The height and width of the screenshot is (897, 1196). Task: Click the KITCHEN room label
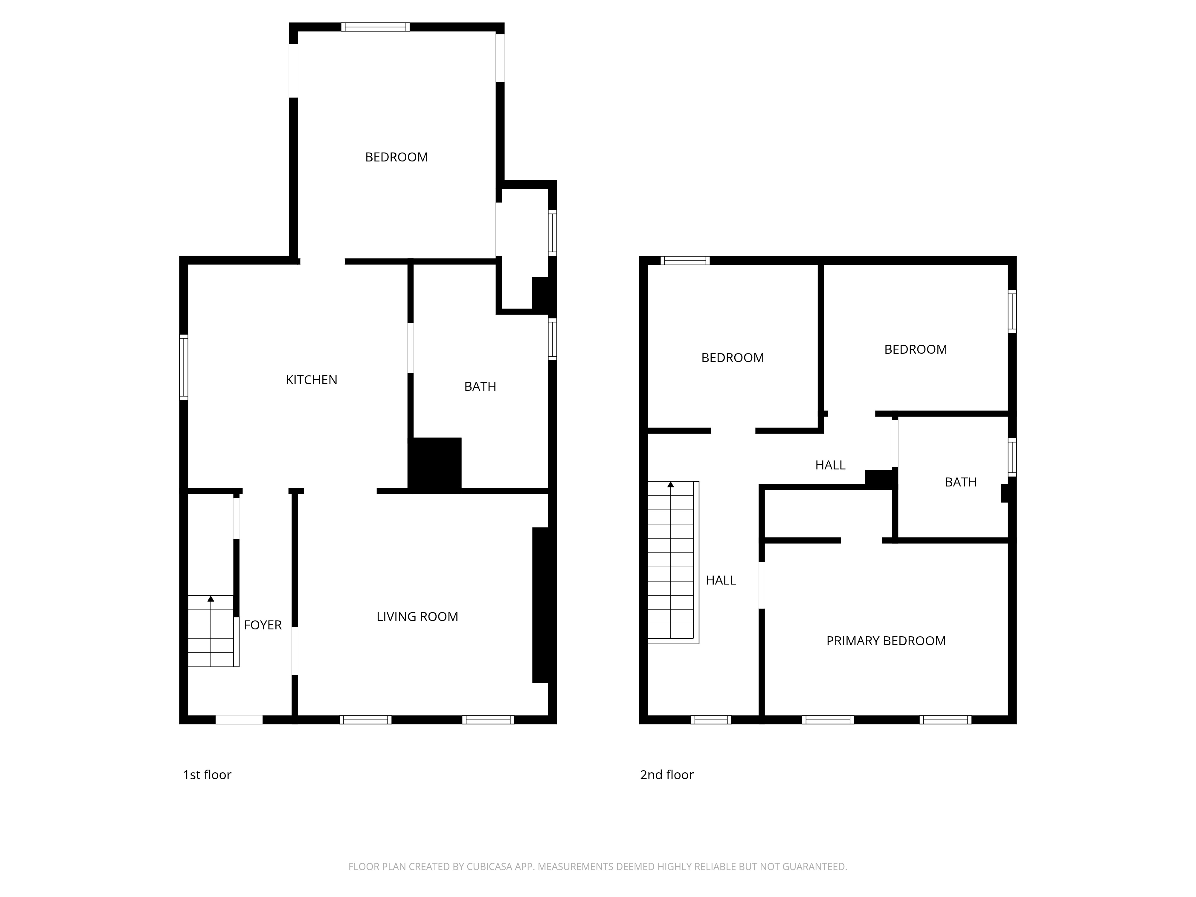click(312, 380)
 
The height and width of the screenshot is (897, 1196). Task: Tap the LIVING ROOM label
click(417, 617)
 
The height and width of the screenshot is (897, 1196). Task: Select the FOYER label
click(263, 625)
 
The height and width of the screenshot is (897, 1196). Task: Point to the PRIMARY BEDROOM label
click(886, 641)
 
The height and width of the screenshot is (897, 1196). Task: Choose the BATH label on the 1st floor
click(480, 387)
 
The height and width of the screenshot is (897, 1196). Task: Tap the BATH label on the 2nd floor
click(961, 482)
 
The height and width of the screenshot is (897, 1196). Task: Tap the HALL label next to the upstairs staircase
click(721, 580)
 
